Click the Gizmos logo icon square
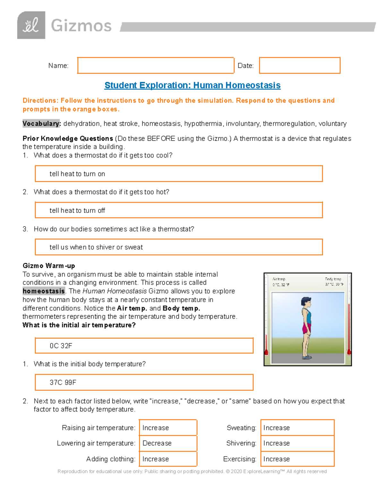pos(31,25)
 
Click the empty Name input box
pos(156,65)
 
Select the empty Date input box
pos(300,65)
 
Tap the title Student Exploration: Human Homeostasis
pos(193,85)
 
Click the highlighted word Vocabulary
pos(41,123)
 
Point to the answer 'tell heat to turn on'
pos(77,174)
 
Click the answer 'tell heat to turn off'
pos(77,210)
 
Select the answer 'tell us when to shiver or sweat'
pos(96,247)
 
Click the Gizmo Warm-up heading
pos(49,266)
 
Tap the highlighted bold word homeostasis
pos(44,291)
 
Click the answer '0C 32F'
pos(61,346)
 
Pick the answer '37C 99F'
pos(63,382)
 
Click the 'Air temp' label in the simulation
pos(279,279)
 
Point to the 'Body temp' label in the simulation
pos(333,279)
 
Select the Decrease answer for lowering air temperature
pos(157,443)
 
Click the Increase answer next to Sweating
pos(277,428)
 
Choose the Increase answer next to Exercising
pos(277,459)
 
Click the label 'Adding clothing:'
pos(111,459)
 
